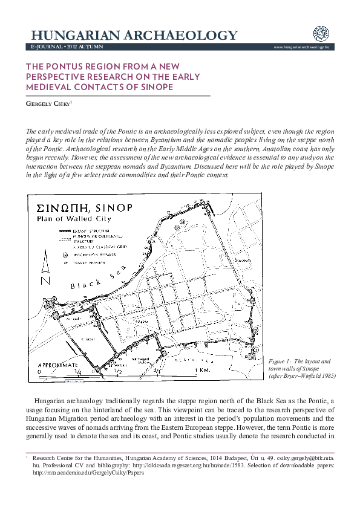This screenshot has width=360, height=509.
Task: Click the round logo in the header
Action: pyautogui.click(x=320, y=34)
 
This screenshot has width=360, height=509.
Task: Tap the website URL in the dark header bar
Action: pyautogui.click(x=301, y=47)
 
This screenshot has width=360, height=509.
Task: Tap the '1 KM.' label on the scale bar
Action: pyautogui.click(x=202, y=369)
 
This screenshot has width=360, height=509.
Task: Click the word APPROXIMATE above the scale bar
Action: pyautogui.click(x=58, y=365)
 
